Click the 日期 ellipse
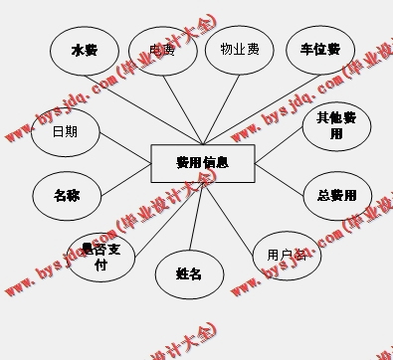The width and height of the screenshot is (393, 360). [x=66, y=131]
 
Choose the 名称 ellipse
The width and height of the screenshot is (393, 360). [x=67, y=195]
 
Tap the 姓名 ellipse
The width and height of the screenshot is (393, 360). [x=188, y=273]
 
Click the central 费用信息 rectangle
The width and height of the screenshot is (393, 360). [x=202, y=163]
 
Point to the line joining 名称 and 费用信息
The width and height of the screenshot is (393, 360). [x=125, y=179]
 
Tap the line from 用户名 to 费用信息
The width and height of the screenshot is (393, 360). [x=239, y=211]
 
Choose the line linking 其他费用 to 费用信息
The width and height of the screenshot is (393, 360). [x=279, y=145]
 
